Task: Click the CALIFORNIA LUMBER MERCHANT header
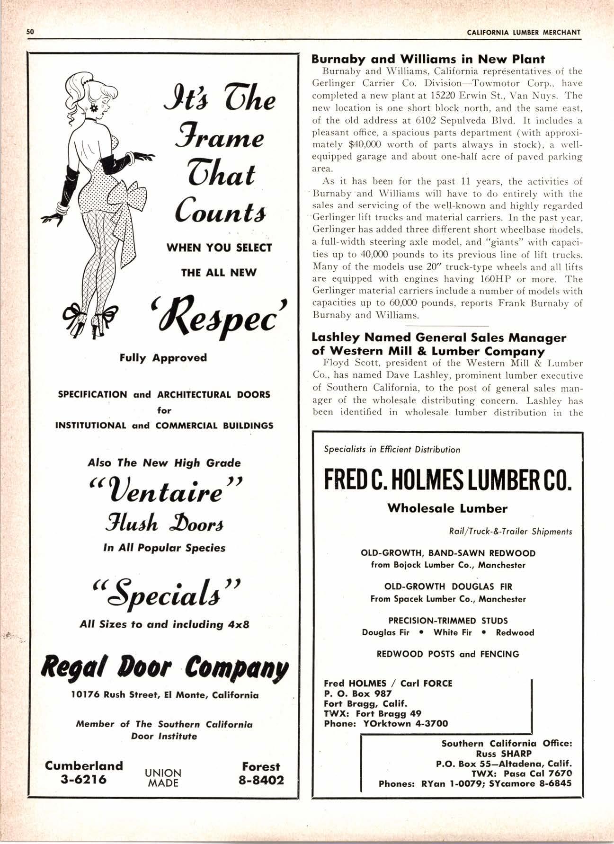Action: pos(523,32)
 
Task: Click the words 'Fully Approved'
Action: pos(163,357)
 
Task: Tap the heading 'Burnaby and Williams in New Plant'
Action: pos(428,59)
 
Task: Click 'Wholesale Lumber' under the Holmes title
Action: pos(447,509)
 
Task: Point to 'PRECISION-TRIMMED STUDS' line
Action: pos(448,621)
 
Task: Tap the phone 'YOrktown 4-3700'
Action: pos(405,723)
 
